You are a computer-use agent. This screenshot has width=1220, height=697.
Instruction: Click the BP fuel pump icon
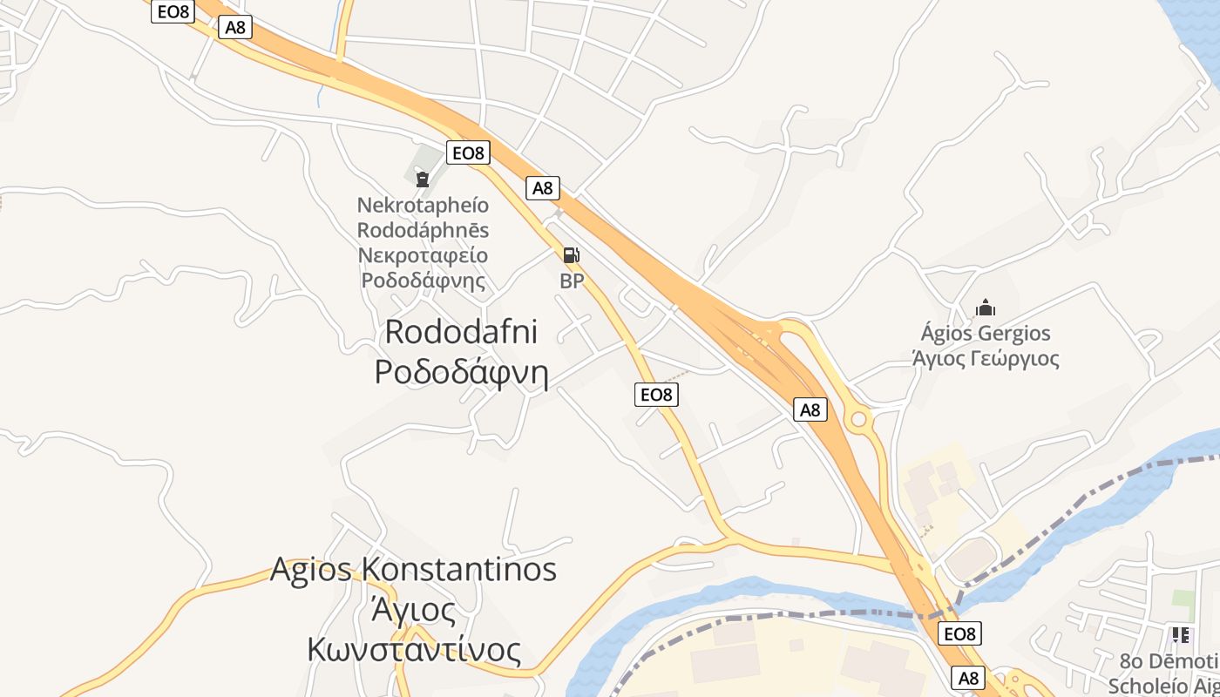coord(571,255)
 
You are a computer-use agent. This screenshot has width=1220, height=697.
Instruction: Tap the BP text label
coord(571,281)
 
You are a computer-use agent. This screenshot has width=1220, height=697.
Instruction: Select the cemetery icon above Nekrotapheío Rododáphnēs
coord(423,179)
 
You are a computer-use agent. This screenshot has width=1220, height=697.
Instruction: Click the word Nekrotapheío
coord(423,206)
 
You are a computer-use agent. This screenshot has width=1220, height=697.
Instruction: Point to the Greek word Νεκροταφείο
coord(423,256)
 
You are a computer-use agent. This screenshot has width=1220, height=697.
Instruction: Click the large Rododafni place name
coord(461,332)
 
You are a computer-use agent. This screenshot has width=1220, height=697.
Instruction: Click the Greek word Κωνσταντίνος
coord(414,650)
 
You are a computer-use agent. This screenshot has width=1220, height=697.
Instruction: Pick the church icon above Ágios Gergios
coord(986,308)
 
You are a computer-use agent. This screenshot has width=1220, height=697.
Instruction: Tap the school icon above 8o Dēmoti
coord(1181,635)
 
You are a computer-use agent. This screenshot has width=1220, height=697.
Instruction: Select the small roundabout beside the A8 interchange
coord(859,420)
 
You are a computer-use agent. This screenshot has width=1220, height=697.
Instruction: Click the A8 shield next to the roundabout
coord(810,409)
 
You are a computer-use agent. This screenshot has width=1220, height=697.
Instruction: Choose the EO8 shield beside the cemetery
coord(468,153)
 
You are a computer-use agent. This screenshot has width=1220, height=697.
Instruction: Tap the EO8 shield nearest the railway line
coord(959,633)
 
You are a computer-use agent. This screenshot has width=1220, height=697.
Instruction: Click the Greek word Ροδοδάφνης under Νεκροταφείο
coord(423,281)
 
